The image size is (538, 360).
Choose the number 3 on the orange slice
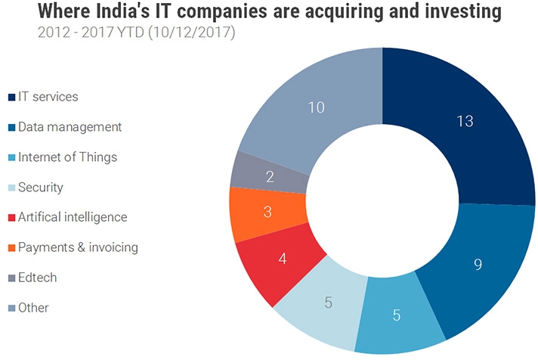point(267,211)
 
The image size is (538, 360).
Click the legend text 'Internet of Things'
point(67,157)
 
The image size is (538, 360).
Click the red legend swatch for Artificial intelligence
point(11,218)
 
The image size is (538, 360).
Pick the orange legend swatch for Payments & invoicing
point(11,248)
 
